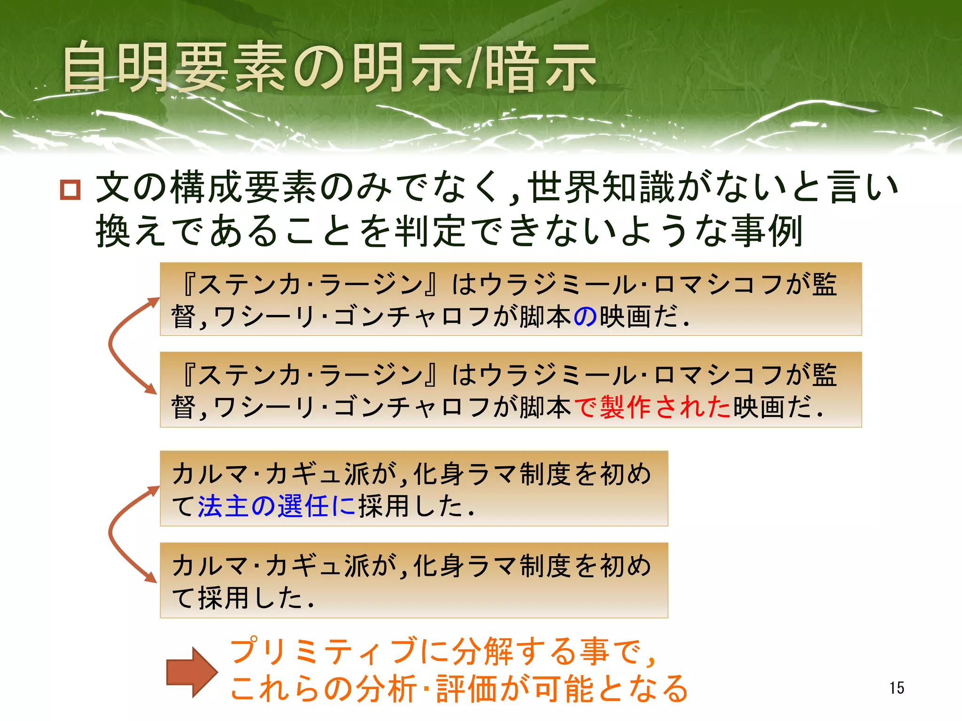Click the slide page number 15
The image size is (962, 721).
896,688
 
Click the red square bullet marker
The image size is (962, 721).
70,190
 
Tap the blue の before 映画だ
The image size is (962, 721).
585,317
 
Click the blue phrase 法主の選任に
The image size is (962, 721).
277,506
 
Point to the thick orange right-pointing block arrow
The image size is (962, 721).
192,672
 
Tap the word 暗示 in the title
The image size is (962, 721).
540,68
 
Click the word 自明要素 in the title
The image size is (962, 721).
174,68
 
